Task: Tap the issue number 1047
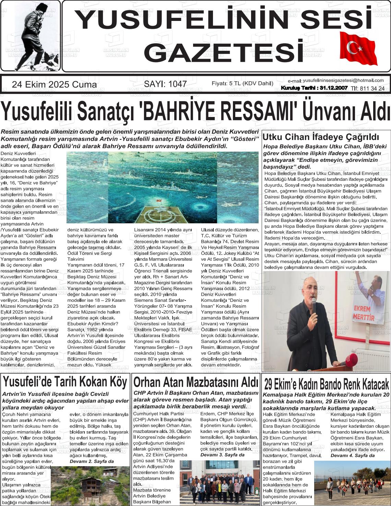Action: pos(175,84)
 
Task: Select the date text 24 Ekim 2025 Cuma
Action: pos(54,85)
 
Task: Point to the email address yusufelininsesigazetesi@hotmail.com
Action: pos(343,80)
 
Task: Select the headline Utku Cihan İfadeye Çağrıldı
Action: pos(321,138)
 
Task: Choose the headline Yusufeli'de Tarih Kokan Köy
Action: pos(65,381)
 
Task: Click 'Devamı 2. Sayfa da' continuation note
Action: pos(92,461)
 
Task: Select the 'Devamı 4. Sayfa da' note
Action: pos(353,455)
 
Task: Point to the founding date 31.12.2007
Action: pos(333,88)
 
